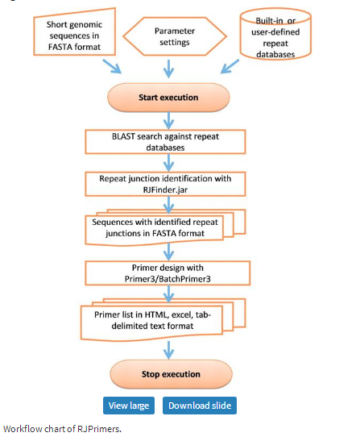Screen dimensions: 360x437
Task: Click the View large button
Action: tap(129, 406)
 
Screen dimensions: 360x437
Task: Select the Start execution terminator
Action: tap(168, 98)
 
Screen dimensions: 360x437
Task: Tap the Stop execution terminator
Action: tap(171, 374)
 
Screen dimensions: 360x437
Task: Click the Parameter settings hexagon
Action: tap(175, 36)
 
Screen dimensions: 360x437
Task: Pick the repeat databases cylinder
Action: tap(275, 34)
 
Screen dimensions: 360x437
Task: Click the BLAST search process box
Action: tap(165, 142)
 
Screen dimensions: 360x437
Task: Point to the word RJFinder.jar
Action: tap(165, 189)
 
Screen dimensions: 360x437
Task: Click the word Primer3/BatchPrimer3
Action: tap(168, 279)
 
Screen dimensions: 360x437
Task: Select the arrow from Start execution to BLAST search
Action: tap(168, 121)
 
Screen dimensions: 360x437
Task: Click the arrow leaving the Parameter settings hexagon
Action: tap(168, 69)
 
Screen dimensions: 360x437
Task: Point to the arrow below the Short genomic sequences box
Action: tap(112, 66)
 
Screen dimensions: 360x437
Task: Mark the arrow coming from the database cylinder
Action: tap(230, 66)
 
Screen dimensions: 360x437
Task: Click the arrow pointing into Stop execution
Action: tap(168, 350)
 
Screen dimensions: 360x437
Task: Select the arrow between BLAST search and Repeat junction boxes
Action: tap(168, 163)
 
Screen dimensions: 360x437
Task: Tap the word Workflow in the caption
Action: tap(23, 429)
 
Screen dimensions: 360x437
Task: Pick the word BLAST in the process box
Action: tap(123, 136)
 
